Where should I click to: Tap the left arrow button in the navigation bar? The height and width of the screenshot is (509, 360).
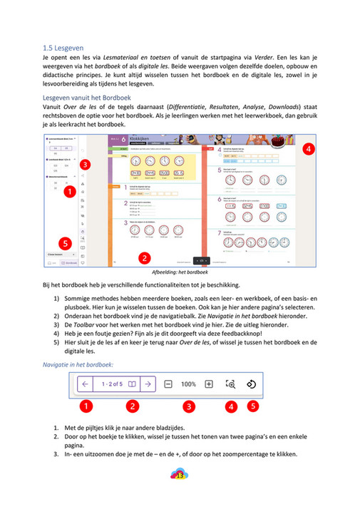coord(85,384)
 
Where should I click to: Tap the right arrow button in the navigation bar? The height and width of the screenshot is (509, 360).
coord(147,384)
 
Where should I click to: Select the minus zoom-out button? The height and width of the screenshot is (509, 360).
coord(168,384)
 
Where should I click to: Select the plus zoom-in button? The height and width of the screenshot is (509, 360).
coord(209,384)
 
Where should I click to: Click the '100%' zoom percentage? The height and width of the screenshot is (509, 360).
coord(188,384)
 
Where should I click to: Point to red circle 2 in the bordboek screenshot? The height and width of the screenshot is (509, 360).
coord(143,258)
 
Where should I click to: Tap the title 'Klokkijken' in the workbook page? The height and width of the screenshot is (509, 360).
coord(139,141)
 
